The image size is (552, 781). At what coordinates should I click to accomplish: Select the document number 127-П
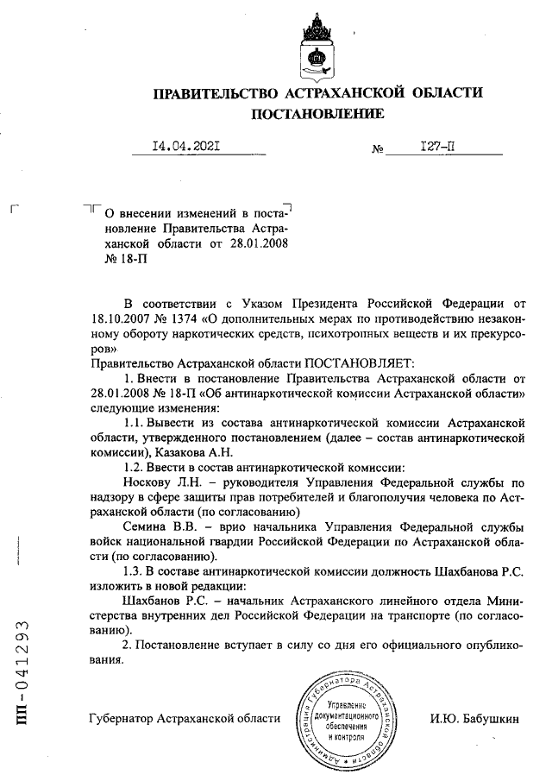[437, 148]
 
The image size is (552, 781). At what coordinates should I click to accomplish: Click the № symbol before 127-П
[377, 149]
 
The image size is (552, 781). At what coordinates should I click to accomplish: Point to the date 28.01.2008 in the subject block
[256, 244]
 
